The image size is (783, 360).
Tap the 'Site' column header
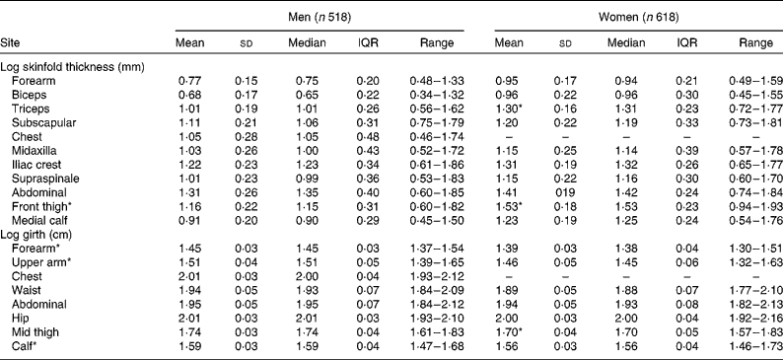pyautogui.click(x=13, y=43)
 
